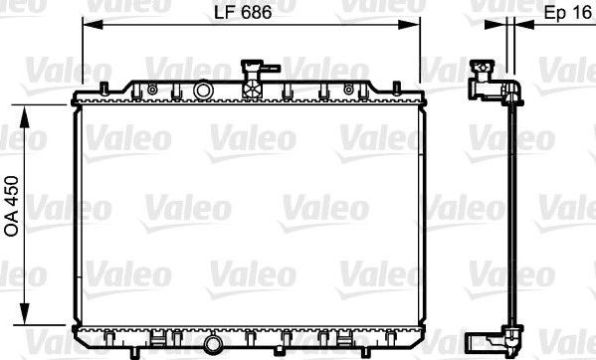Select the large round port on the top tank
click(x=205, y=91)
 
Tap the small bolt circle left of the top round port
click(x=152, y=90)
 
